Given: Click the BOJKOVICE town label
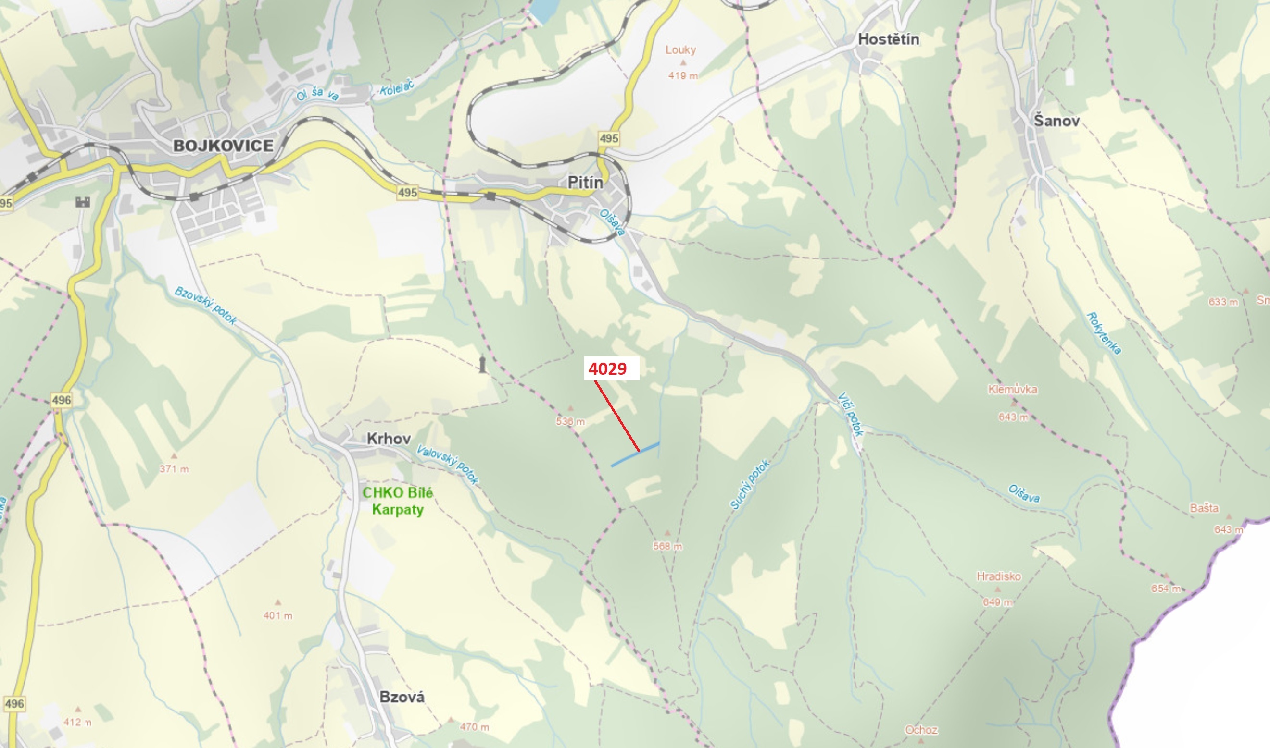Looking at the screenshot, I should tap(223, 146).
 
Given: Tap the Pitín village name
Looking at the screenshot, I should tap(585, 183).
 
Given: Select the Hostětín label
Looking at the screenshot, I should tap(888, 39).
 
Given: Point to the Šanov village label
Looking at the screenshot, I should tap(1056, 121).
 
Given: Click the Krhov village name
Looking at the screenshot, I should tap(389, 439).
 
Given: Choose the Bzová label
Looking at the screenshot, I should tap(402, 697).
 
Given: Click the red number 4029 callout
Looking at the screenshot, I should tap(608, 369).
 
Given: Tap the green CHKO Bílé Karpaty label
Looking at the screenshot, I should tap(397, 501).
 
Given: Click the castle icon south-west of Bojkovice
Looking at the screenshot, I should tap(83, 202).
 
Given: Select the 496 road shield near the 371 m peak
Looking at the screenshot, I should tap(61, 400).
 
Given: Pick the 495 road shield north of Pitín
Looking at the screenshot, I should tap(609, 138).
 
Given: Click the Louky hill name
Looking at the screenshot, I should tap(680, 50).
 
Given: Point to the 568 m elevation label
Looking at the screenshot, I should tap(667, 546).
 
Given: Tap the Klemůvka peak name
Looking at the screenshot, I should tap(1012, 390).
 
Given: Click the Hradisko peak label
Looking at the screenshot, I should tap(999, 576).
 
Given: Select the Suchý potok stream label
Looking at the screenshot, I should tap(750, 484).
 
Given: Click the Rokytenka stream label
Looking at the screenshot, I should tap(1104, 333).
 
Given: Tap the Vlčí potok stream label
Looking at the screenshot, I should tap(850, 414).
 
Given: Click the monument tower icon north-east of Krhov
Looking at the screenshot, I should tap(483, 365).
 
